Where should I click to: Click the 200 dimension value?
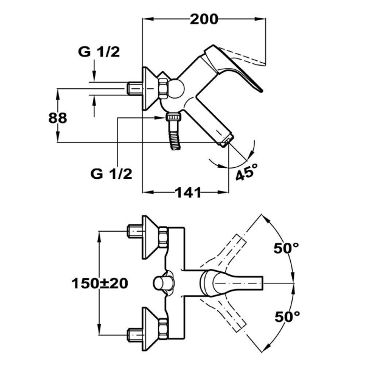coord(203,19)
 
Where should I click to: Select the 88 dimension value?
coord(58,117)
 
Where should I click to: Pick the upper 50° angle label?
coord(286,248)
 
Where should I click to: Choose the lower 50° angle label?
coord(286,316)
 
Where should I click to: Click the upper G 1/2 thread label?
coord(99,52)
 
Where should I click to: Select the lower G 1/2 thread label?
coord(111,173)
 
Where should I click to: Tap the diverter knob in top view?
coord(162,283)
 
